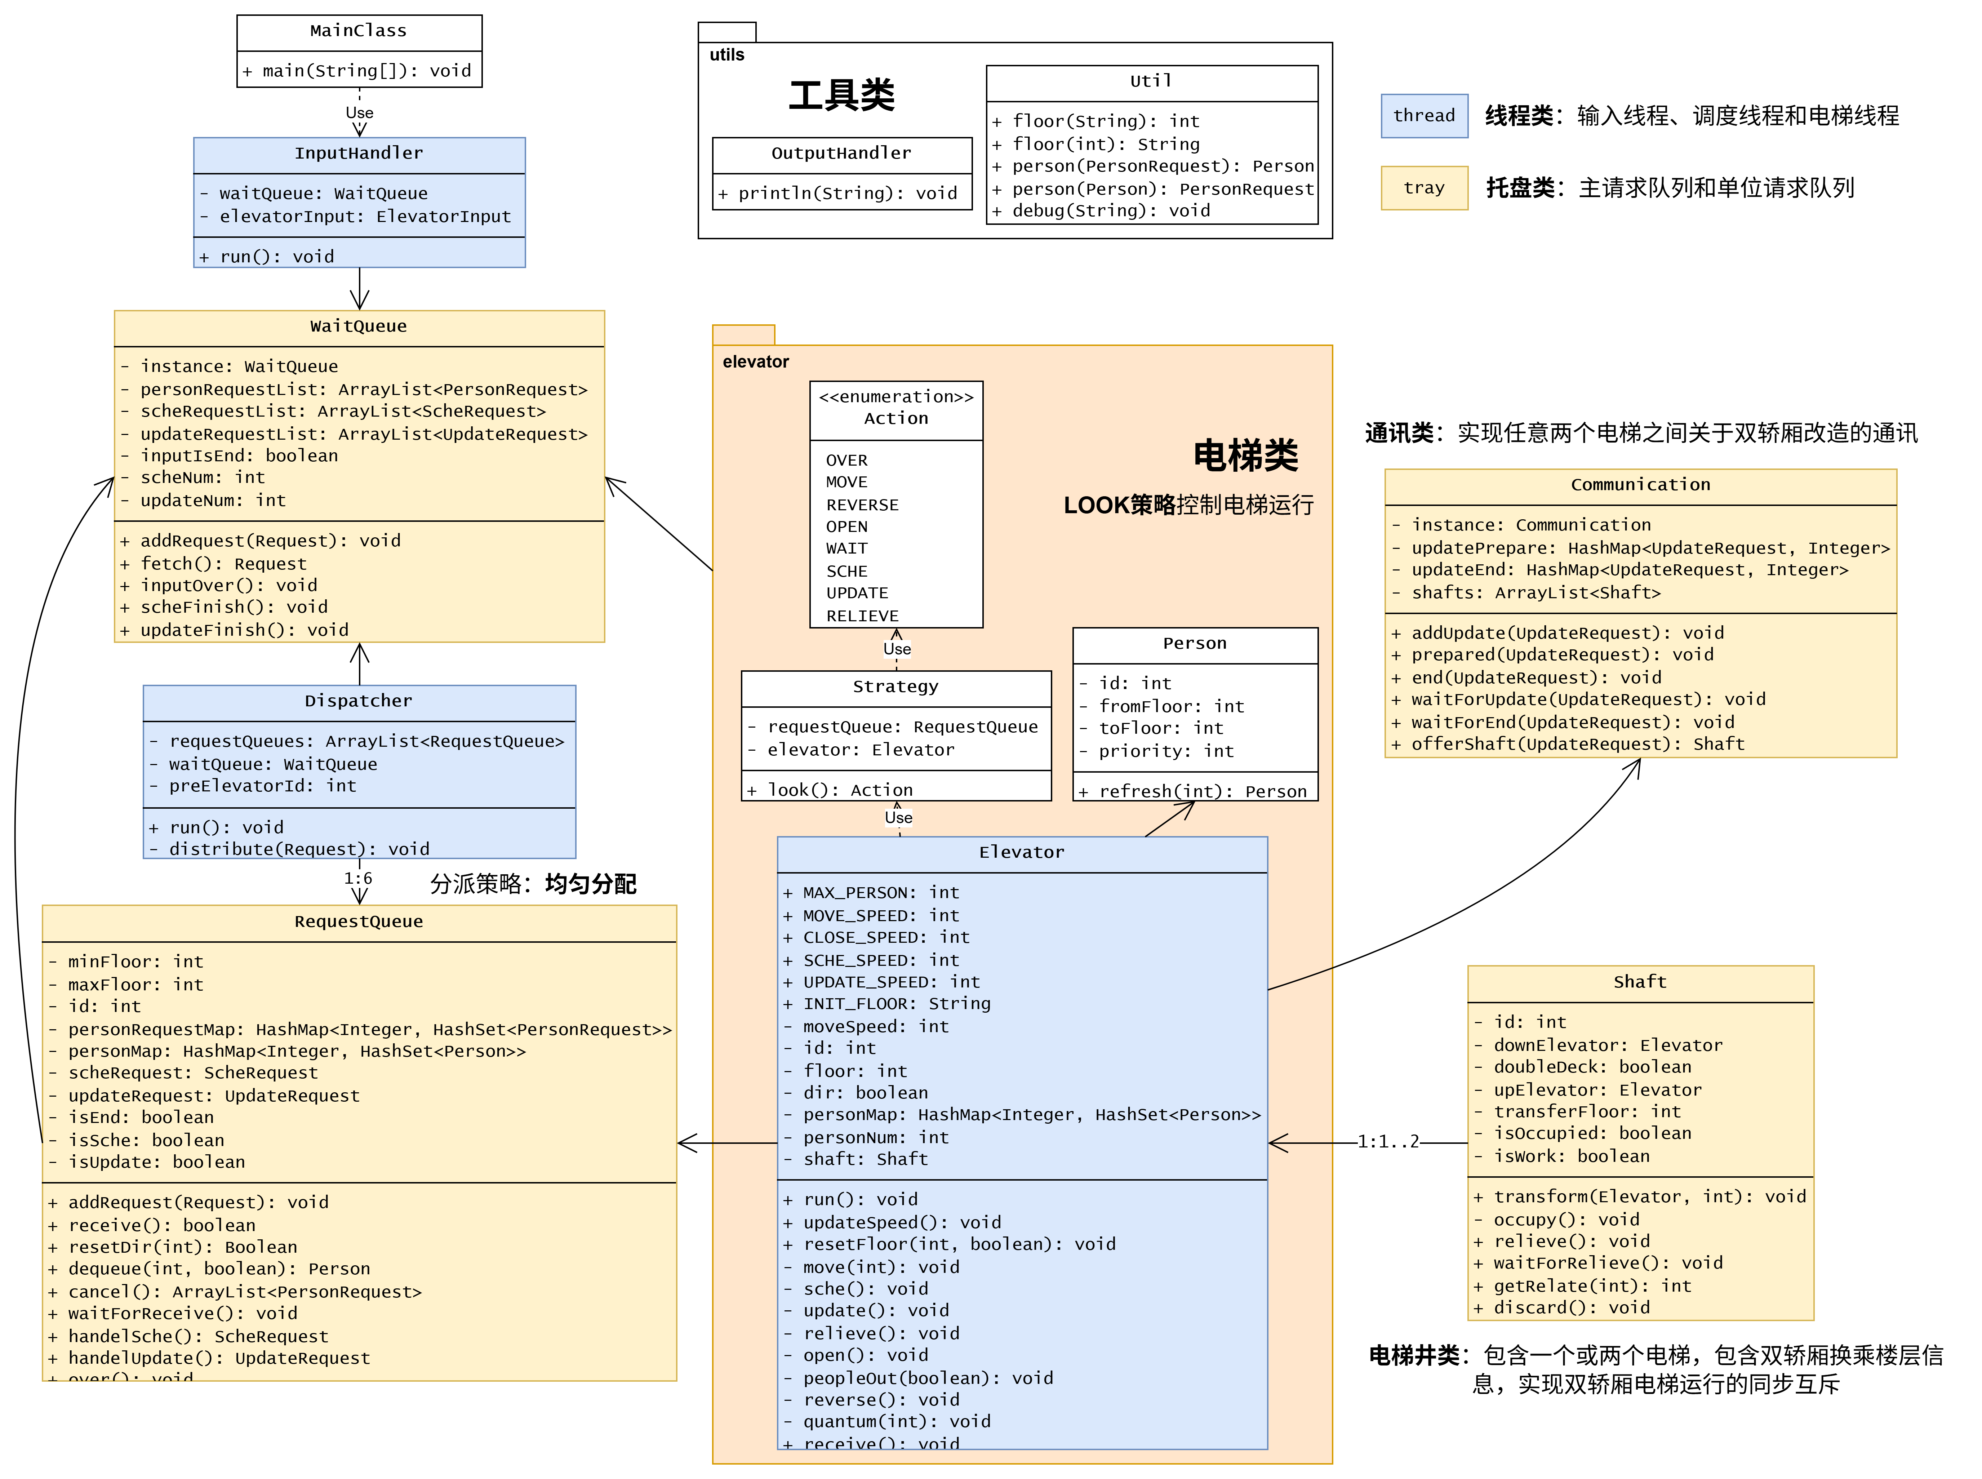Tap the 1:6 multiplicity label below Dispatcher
(x=358, y=878)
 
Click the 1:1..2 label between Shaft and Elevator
(x=1387, y=1141)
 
